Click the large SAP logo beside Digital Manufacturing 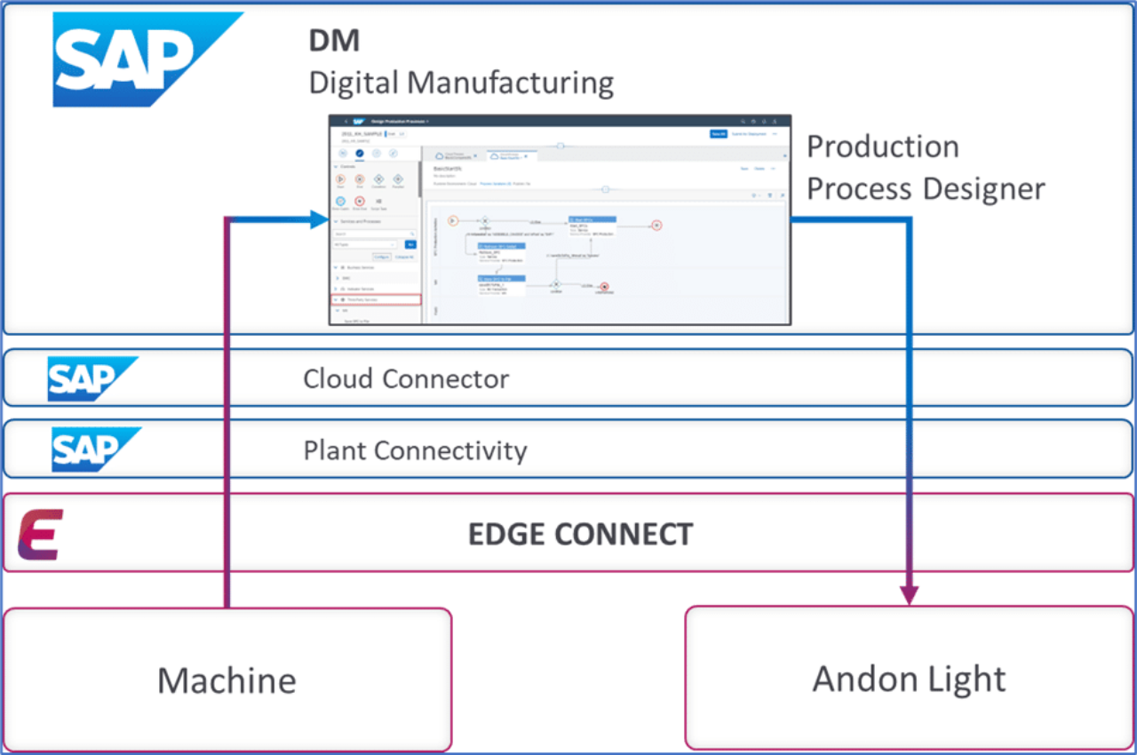(147, 60)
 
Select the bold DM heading (334, 41)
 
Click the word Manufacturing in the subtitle (512, 83)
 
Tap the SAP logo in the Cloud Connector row (91, 379)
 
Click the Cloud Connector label (406, 379)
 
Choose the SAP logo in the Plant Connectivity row (95, 449)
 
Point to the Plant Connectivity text (415, 450)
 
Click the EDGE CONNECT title (580, 534)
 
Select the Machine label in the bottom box (227, 681)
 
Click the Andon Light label (909, 679)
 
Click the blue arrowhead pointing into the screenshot (319, 219)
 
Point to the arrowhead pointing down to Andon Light (908, 593)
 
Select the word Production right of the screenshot (882, 147)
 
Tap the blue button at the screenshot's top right (719, 134)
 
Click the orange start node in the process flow (452, 220)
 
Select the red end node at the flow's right (656, 225)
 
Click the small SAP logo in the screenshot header (359, 121)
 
